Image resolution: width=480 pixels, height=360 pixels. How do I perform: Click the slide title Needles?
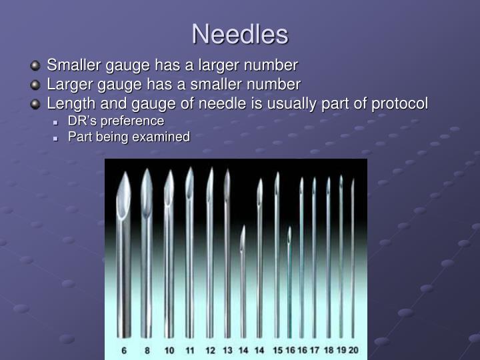(240, 35)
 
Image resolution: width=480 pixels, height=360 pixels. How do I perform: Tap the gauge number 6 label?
(125, 349)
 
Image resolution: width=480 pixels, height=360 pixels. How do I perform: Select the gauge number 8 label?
(146, 349)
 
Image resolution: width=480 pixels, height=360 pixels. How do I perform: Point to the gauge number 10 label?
(169, 349)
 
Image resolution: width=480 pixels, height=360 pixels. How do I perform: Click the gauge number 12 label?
(209, 349)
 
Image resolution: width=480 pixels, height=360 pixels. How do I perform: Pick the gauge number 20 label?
(353, 349)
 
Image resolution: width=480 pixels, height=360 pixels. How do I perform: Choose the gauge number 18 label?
(327, 349)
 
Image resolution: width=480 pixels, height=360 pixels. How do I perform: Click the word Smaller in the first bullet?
(72, 65)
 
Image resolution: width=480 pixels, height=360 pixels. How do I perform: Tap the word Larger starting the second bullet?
(68, 85)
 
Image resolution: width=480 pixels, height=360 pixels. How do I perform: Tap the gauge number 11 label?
(189, 349)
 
